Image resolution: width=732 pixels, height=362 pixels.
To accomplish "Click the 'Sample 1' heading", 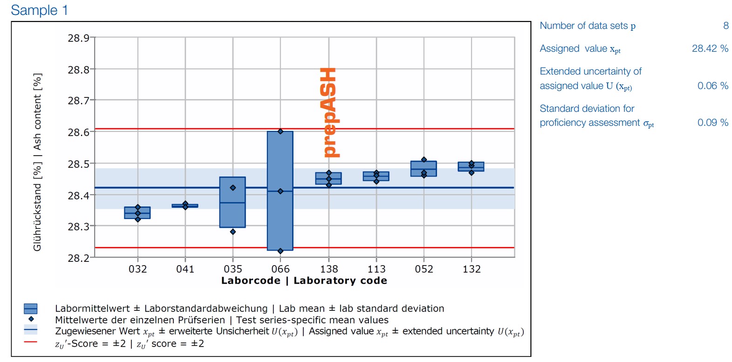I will (39, 10).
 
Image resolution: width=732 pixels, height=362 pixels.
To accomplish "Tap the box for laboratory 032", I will (137, 213).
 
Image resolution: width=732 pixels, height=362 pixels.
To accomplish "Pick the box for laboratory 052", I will (424, 169).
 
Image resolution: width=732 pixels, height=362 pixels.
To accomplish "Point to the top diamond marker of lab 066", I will (280, 131).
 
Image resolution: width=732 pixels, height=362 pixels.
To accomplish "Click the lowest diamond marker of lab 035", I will (233, 232).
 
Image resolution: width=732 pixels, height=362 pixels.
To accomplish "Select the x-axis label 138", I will (329, 269).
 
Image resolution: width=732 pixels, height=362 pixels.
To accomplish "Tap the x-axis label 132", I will (472, 269).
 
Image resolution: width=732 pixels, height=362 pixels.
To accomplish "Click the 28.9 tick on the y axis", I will (78, 38).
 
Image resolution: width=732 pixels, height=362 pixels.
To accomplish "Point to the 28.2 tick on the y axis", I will (78, 258).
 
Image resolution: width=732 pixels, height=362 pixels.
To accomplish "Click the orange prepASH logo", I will (330, 112).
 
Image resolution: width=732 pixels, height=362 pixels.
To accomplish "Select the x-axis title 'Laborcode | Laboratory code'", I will (304, 280).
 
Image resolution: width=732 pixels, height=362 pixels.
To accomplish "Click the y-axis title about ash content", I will (37, 162).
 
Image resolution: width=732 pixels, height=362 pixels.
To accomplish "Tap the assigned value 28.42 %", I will (710, 48).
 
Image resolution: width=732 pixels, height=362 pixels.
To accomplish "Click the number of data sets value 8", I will (725, 26).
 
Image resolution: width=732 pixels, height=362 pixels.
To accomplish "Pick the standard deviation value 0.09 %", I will (712, 123).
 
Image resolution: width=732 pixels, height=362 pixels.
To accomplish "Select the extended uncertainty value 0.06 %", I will (712, 86).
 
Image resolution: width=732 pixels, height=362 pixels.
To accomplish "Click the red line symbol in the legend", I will (31, 342).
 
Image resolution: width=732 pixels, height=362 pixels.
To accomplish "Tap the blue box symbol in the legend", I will (31, 308).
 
